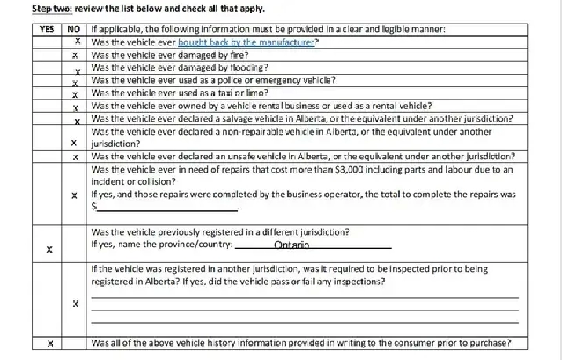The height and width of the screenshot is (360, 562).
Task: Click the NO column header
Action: click(74, 29)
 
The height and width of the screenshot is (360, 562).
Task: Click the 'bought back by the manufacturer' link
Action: click(246, 42)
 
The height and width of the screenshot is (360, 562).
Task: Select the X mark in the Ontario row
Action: click(49, 250)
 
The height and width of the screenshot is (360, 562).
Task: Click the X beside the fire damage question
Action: click(74, 56)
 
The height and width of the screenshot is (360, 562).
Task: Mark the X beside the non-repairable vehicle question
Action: click(73, 144)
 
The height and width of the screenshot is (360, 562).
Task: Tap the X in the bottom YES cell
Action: click(49, 344)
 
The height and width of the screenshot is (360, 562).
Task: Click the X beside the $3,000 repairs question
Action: click(74, 194)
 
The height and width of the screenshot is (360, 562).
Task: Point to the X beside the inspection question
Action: click(74, 303)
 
